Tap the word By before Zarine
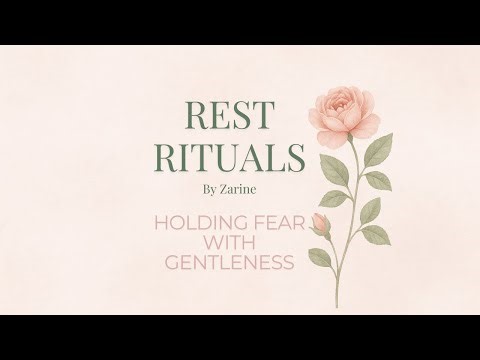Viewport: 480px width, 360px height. [x=210, y=185]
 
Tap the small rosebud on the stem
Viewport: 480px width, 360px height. [x=321, y=223]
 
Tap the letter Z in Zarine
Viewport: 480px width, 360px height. [x=226, y=185]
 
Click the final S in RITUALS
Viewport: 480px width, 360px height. [x=291, y=159]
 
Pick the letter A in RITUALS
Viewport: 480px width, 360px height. [x=248, y=159]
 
